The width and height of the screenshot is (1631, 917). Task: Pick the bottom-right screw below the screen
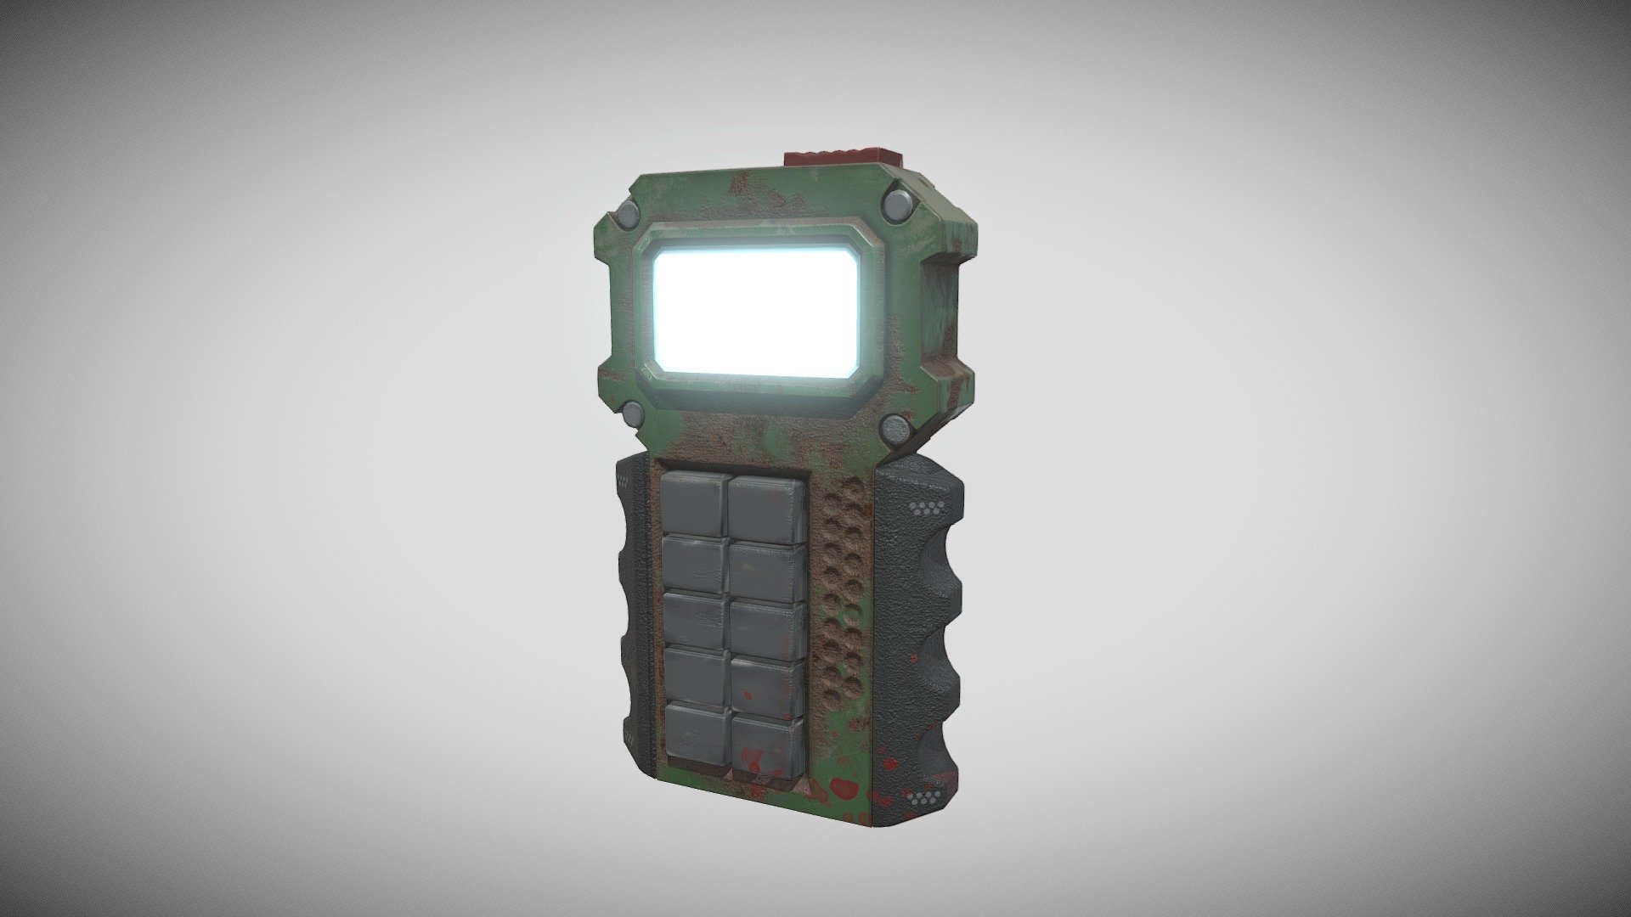coord(895,428)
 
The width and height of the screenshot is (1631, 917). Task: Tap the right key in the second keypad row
coord(767,571)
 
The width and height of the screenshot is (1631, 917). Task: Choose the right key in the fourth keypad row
coord(768,686)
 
